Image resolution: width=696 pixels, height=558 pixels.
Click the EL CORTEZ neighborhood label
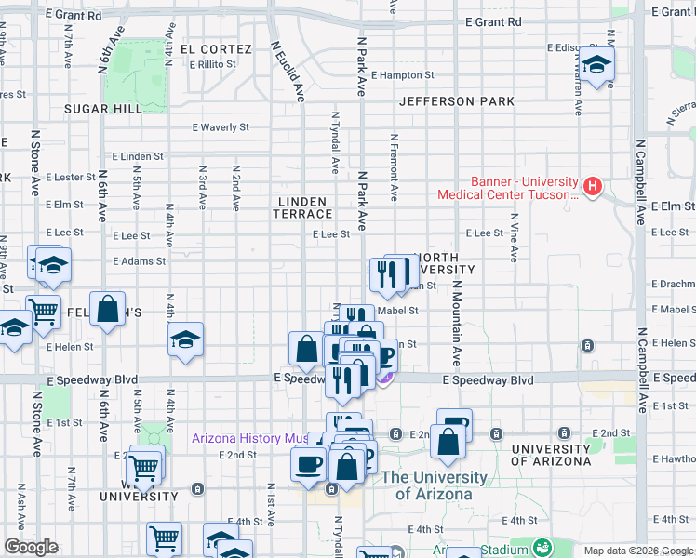click(216, 48)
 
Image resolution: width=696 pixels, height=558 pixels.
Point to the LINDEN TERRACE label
click(301, 207)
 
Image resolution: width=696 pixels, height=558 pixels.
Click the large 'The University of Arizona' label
click(435, 485)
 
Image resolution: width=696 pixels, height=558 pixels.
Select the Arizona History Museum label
click(251, 439)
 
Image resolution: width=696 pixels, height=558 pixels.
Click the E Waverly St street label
click(221, 127)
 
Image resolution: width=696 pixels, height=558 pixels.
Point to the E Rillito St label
click(212, 64)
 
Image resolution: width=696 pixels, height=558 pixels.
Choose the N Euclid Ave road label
click(288, 71)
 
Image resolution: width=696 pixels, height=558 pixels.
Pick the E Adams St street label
click(139, 262)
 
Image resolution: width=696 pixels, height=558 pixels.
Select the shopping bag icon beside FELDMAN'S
click(109, 310)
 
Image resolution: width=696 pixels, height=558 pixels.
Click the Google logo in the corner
click(31, 547)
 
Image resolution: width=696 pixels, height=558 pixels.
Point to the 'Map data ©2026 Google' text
click(637, 551)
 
